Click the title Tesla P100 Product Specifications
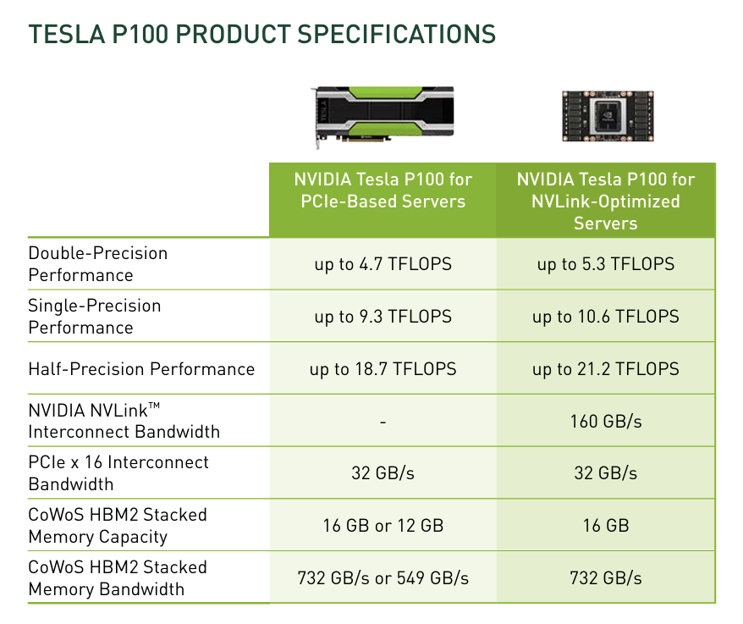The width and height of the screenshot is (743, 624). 261,34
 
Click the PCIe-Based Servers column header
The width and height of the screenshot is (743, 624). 383,190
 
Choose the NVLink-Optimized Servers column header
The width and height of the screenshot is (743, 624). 605,201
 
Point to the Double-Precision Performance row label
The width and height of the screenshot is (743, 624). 98,264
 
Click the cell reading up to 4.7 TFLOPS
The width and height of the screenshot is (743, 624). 383,264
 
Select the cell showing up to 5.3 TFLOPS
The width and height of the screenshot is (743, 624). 605,264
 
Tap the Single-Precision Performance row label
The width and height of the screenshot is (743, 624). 94,317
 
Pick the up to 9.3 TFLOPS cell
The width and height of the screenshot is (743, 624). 383,317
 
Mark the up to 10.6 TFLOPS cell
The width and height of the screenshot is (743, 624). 605,317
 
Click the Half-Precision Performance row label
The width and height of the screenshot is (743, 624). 141,369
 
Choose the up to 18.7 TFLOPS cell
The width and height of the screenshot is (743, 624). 383,369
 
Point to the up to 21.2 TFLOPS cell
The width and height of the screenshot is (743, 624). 605,369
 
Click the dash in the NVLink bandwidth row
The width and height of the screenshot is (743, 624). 383,422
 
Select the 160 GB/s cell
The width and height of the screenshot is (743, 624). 605,421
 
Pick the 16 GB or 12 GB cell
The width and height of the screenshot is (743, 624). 383,526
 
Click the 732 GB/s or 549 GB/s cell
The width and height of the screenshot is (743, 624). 383,578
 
